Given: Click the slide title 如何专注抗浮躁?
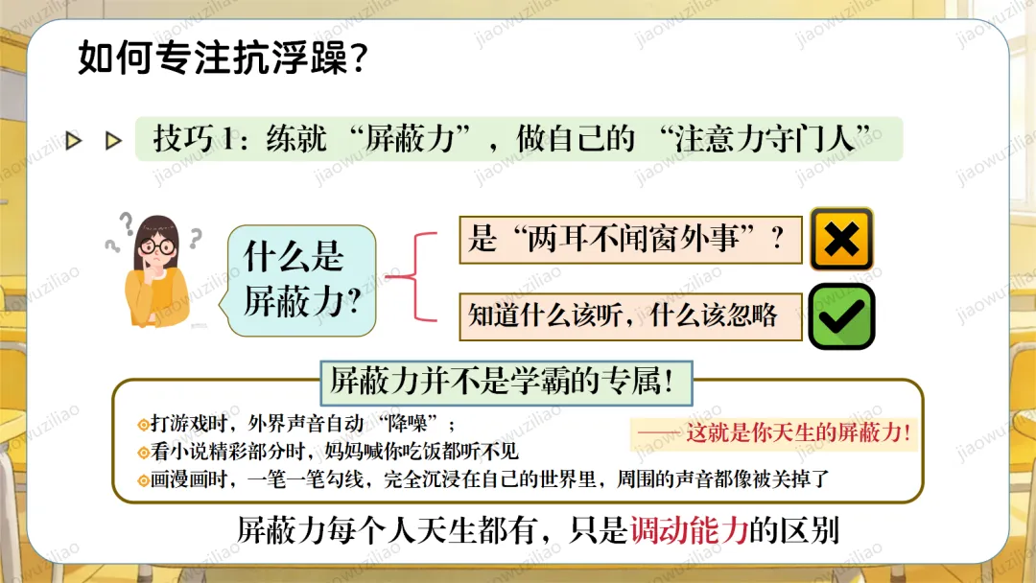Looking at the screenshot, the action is pyautogui.click(x=221, y=58).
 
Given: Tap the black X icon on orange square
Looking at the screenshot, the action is pyautogui.click(x=841, y=240).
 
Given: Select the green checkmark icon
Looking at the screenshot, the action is pyautogui.click(x=841, y=316).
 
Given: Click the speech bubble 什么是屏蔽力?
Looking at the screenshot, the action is pyautogui.click(x=299, y=280).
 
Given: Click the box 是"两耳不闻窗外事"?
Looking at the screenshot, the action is pyautogui.click(x=629, y=240).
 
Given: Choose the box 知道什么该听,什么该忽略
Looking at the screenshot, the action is pyautogui.click(x=629, y=315).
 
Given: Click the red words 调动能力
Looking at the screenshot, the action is pyautogui.click(x=689, y=530).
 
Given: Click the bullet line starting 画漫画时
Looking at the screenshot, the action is pyautogui.click(x=489, y=479).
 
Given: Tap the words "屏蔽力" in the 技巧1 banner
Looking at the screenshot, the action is pyautogui.click(x=407, y=139).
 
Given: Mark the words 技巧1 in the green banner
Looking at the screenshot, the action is pyautogui.click(x=192, y=140).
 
